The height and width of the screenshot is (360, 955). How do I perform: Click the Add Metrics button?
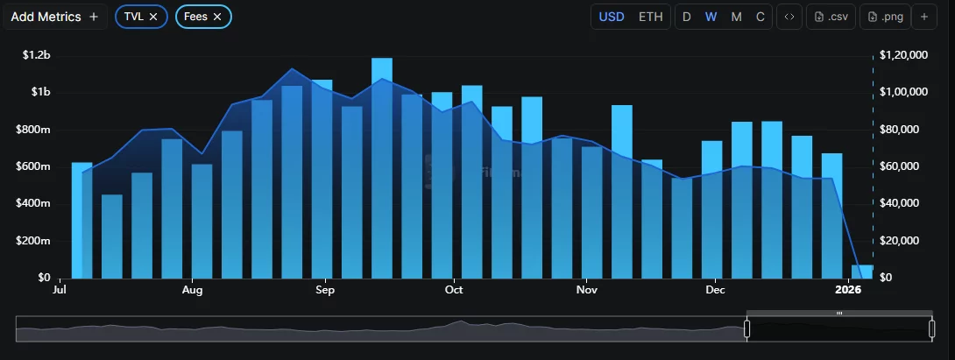[54, 17]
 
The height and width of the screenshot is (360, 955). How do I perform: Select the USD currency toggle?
[612, 17]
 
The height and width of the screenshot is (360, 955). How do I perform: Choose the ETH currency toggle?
[651, 17]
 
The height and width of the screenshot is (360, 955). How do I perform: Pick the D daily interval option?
[687, 17]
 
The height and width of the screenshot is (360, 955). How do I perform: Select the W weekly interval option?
[711, 17]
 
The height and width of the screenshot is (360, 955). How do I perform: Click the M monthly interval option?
[736, 17]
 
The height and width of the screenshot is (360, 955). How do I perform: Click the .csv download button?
[831, 17]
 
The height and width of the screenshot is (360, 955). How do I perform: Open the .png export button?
[885, 17]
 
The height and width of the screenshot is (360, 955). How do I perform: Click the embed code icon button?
[789, 17]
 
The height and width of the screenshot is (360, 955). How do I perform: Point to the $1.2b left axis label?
[36, 55]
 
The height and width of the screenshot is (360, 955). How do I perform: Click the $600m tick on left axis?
[33, 166]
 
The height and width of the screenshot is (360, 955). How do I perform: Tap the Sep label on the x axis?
[324, 290]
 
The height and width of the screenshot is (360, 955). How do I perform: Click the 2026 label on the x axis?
[848, 290]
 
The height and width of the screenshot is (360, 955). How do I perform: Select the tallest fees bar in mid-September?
[382, 166]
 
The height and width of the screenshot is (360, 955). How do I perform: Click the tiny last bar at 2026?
[862, 272]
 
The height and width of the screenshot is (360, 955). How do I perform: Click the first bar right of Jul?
[82, 219]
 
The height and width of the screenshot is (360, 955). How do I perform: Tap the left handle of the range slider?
[747, 329]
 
